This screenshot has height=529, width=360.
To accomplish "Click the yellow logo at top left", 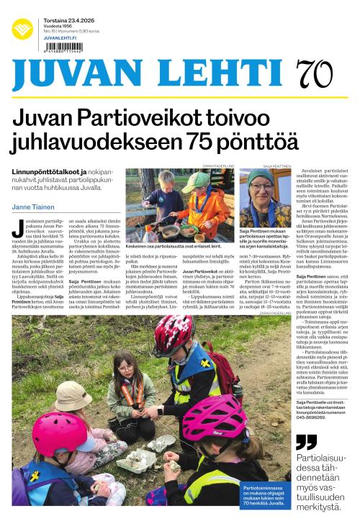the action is coord(22,29).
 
